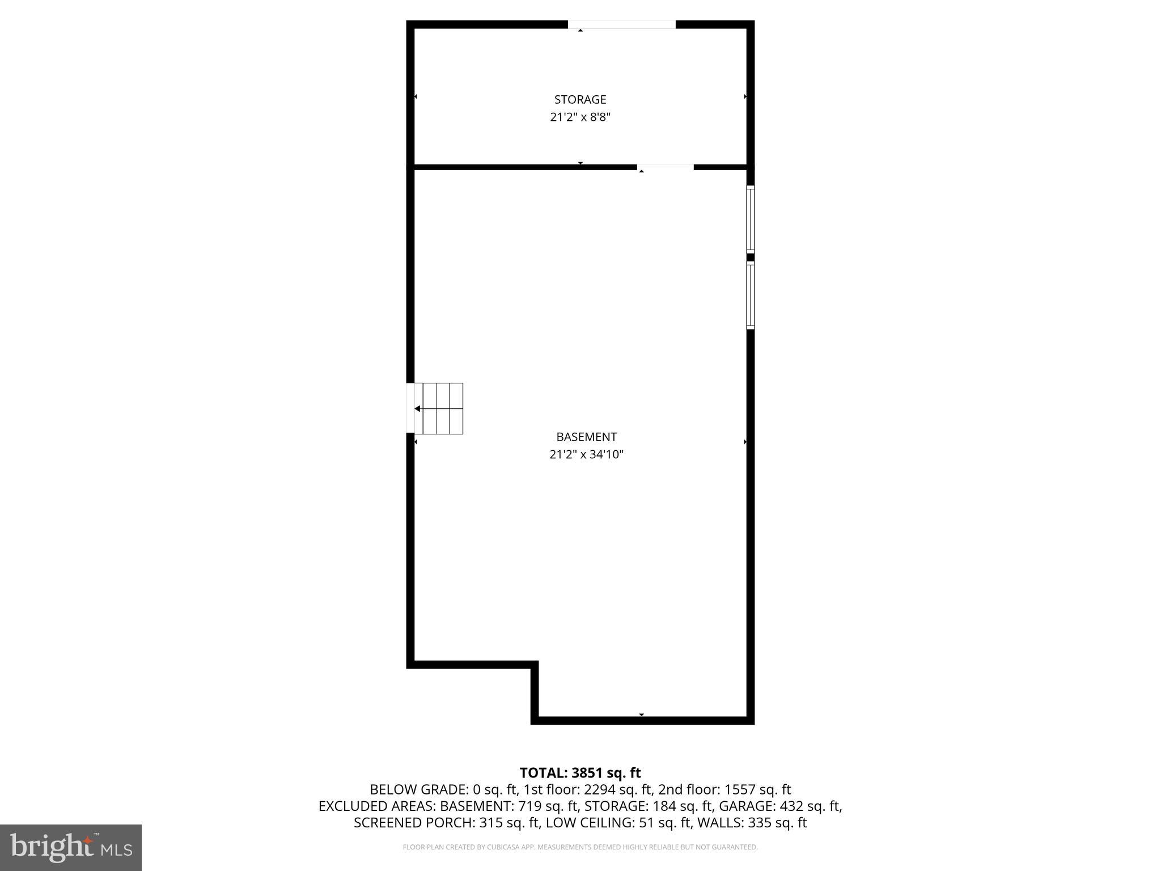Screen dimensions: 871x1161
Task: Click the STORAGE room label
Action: click(x=580, y=100)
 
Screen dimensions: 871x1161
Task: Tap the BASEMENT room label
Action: click(x=586, y=437)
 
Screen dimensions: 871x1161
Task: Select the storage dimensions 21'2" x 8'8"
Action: click(x=580, y=117)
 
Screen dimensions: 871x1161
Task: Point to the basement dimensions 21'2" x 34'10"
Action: click(x=586, y=455)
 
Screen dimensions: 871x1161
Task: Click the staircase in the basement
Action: click(x=439, y=409)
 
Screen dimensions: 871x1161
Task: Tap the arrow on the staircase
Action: click(x=418, y=409)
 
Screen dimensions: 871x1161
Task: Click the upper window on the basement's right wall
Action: click(x=751, y=219)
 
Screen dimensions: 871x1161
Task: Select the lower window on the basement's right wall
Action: click(x=751, y=295)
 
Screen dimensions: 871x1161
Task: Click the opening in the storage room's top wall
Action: click(x=622, y=24)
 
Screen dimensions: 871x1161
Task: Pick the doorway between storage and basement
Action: click(x=666, y=167)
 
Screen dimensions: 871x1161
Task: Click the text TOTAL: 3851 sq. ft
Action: click(x=580, y=773)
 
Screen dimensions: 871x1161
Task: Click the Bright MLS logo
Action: click(x=70, y=847)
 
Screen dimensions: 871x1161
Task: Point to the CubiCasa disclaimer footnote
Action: click(x=580, y=848)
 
